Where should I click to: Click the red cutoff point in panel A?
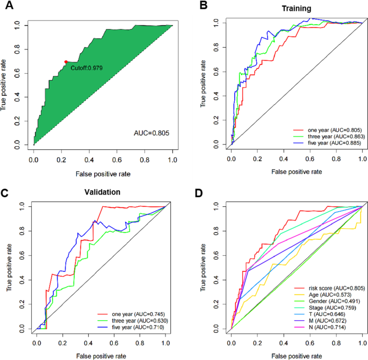pyautogui.click(x=66, y=62)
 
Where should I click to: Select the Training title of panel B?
pyautogui.click(x=297, y=9)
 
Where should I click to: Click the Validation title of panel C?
pyautogui.click(x=103, y=191)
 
